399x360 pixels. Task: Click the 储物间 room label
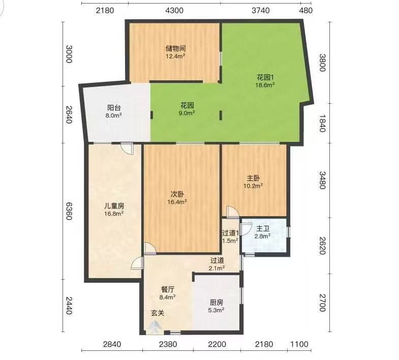[x=175, y=48]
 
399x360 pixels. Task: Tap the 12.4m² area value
[x=175, y=56]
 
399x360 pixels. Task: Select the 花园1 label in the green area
[x=265, y=77]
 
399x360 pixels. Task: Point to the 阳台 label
[x=113, y=107]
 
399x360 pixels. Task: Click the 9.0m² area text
[x=187, y=113]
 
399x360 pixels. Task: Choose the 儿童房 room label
[x=114, y=205]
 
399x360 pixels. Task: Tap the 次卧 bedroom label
[x=177, y=194]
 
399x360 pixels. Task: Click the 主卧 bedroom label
[x=253, y=178]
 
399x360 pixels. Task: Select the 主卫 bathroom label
[x=263, y=228]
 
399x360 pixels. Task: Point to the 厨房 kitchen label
[x=217, y=302]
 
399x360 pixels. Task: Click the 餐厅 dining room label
[x=167, y=289]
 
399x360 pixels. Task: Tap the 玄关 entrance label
[x=158, y=313]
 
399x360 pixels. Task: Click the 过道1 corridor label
[x=230, y=233]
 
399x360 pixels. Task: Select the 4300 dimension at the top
[x=174, y=11]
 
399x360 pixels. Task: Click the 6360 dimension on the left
[x=69, y=211]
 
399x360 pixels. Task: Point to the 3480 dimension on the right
[x=322, y=180]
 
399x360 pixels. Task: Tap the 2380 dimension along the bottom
[x=168, y=344]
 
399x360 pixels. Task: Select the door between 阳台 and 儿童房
[x=127, y=148]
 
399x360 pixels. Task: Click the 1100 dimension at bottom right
[x=299, y=344]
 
